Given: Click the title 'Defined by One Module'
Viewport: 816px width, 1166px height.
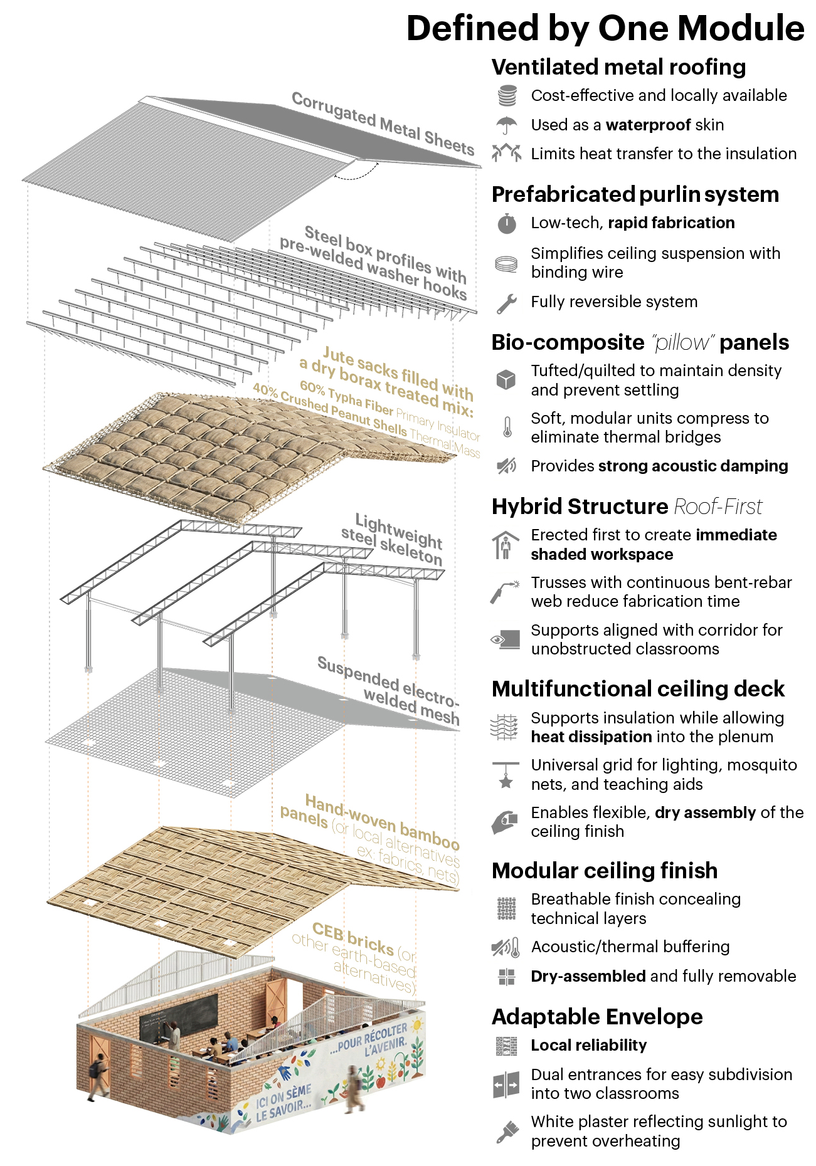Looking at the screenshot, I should pos(605,28).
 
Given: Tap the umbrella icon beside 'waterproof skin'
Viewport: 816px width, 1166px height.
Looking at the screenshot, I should pos(506,125).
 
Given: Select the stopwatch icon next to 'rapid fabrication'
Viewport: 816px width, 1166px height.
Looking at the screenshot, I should pos(506,223).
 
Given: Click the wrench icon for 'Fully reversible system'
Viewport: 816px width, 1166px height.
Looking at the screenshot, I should pos(506,303).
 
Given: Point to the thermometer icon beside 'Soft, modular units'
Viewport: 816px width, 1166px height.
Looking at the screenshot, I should pos(507,428).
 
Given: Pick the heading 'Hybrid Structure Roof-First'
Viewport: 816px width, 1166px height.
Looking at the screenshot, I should pos(627,507).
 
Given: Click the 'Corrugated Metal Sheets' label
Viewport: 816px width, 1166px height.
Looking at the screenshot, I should pos(383,123).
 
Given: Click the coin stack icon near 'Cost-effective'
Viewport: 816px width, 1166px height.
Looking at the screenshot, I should pos(507,96).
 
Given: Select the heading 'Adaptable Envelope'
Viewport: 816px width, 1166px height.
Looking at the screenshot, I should pos(597,1017).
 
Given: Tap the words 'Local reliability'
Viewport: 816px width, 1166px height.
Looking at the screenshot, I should pos(588,1046).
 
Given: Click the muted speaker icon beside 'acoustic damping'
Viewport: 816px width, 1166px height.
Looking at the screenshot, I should pos(506,466).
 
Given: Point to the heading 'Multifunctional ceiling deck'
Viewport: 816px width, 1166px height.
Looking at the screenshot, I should pos(638,689).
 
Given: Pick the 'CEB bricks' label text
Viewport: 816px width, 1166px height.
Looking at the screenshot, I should pos(352,938).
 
